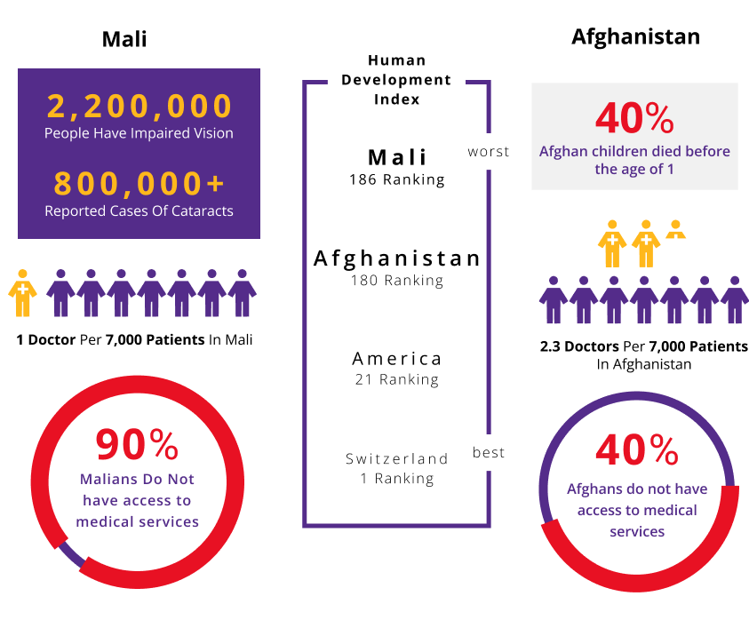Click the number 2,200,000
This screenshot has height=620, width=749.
point(139,107)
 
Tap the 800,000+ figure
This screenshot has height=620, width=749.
point(139,184)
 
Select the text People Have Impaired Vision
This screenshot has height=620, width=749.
point(139,133)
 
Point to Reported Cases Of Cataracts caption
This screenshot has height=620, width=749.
point(139,211)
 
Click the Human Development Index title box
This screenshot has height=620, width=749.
point(396,80)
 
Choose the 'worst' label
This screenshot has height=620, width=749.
point(489,152)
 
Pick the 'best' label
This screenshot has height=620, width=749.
point(489,453)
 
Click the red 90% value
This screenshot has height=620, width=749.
point(137,445)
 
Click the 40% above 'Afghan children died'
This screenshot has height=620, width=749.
point(634,118)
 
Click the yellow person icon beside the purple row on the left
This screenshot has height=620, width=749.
point(23,293)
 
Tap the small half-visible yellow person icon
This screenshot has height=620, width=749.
point(676,229)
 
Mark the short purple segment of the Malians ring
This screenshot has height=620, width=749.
point(71,555)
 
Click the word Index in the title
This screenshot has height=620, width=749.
point(396,99)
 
